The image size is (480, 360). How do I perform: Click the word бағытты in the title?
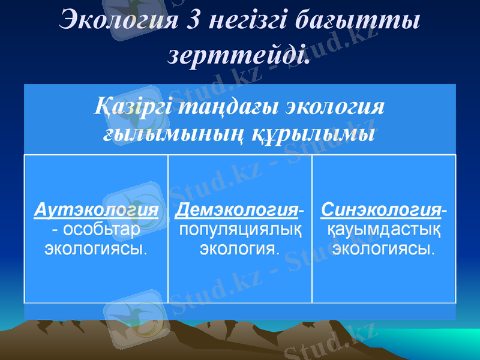click(358, 21)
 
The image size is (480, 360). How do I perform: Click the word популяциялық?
click(240, 229)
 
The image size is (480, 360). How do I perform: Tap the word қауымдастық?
click(384, 229)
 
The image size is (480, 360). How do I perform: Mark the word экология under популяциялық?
click(239, 247)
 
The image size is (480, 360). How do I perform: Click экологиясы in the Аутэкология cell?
click(96, 247)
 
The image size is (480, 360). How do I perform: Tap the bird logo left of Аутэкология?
click(131, 207)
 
